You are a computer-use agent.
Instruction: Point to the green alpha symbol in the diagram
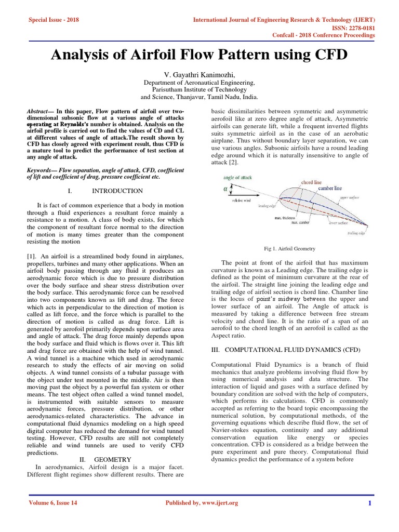click(x=225, y=189)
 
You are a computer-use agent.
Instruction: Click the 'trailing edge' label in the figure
click(x=356, y=233)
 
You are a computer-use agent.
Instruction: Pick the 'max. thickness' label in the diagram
click(x=286, y=218)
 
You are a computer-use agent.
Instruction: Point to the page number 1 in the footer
click(x=370, y=503)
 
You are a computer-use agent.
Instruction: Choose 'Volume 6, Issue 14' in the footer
click(x=52, y=503)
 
